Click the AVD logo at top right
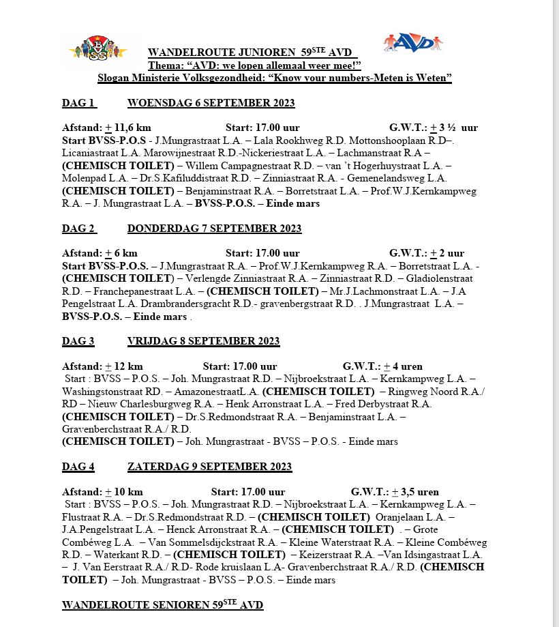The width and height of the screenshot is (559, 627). pos(412,42)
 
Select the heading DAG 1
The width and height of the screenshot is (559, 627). pos(78,103)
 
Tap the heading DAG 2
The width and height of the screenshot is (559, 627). pos(78,228)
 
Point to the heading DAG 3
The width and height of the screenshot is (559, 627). pos(78,341)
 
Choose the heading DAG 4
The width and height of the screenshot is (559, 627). pos(78,467)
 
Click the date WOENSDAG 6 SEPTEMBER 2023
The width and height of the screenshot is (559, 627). pos(211,103)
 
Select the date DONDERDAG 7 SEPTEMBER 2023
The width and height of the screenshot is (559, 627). pos(214,228)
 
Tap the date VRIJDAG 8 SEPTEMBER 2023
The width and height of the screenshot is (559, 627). pos(203,341)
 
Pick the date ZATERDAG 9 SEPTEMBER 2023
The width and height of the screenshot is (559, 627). pos(209,467)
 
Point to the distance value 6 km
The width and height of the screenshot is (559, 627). pos(125,253)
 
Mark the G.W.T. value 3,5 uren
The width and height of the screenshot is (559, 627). pos(420,492)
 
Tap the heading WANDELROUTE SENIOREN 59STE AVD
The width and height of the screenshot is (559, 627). pos(162,605)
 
